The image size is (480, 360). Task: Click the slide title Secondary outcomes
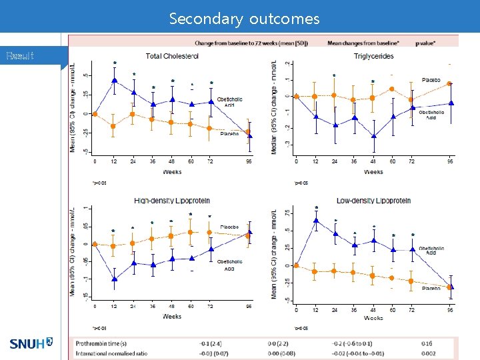pos(244,19)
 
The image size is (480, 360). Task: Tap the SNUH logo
pos(31,344)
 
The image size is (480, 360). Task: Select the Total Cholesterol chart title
pos(172,57)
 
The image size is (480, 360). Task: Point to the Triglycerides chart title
pos(374,57)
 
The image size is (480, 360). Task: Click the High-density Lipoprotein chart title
pos(172,200)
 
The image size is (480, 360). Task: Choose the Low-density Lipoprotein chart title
pos(374,200)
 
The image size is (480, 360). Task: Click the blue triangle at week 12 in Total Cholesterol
pos(115,81)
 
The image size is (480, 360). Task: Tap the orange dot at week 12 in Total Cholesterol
pos(114,126)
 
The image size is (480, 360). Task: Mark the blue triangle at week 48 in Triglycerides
pos(374,136)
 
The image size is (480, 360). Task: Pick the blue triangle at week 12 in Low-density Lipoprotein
pos(316,220)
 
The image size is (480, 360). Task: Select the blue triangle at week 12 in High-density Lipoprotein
pos(115,279)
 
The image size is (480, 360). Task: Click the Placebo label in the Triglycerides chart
pos(431,80)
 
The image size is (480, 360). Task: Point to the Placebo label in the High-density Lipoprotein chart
pos(230,227)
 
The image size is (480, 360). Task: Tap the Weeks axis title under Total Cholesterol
pos(172,172)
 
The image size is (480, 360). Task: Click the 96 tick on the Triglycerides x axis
pos(451,161)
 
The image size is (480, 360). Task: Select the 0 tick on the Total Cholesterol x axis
pos(95,161)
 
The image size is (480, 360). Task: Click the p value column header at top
pos(425,43)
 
